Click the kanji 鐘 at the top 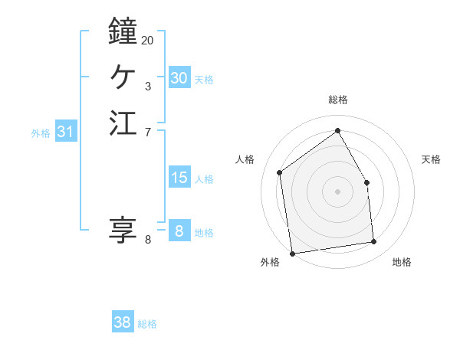click(x=123, y=32)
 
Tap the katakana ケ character click(x=123, y=77)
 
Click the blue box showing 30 click(x=179, y=78)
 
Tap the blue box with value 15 click(x=179, y=178)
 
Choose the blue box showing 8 click(x=179, y=231)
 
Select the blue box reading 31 click(x=65, y=132)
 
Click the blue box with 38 click(x=122, y=322)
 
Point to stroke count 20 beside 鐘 click(x=147, y=40)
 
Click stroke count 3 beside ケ click(x=147, y=87)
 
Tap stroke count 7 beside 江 click(x=147, y=133)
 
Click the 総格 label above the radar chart click(x=338, y=100)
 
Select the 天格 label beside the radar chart click(x=432, y=159)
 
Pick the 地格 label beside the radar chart click(x=402, y=263)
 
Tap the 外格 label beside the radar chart click(x=270, y=263)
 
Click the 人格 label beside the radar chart click(x=245, y=159)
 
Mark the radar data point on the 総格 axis click(x=337, y=131)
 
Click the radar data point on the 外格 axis click(x=292, y=253)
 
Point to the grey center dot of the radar click(x=337, y=191)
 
